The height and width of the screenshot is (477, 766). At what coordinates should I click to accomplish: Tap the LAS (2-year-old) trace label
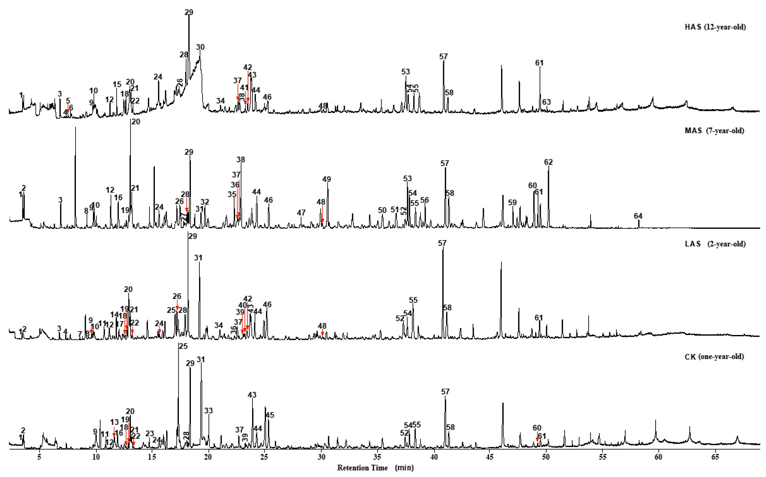[715, 244]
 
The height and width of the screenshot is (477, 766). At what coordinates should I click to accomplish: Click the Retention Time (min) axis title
[375, 468]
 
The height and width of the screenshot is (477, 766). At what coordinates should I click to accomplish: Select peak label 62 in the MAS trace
[548, 162]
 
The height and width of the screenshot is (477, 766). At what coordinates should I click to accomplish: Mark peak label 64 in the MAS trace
[638, 216]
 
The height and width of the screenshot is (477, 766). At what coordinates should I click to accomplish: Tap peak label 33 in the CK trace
[208, 411]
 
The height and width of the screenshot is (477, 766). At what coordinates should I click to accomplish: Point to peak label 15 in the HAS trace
[117, 85]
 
